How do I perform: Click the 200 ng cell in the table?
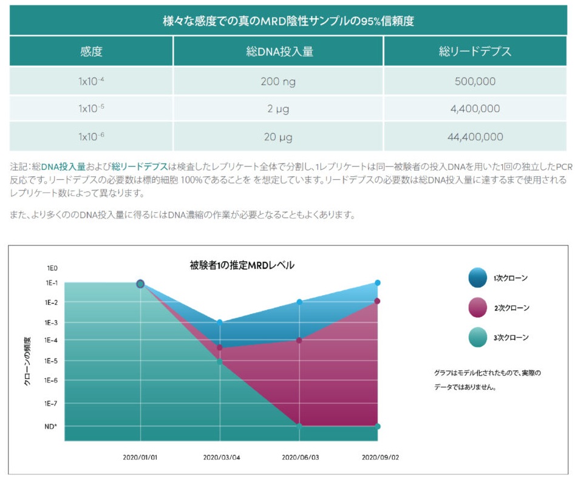click(x=279, y=81)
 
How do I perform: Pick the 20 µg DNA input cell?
click(x=279, y=137)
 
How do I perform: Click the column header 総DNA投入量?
click(x=279, y=52)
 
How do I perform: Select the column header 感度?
click(x=91, y=52)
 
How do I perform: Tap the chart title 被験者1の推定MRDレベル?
click(x=242, y=265)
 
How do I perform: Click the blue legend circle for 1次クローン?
click(x=477, y=278)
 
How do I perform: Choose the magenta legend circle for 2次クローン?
click(x=477, y=307)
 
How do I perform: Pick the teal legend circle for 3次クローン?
click(x=477, y=337)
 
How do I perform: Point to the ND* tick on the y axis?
click(x=50, y=426)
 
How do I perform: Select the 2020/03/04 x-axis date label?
click(x=221, y=457)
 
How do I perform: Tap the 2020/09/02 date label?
click(x=379, y=457)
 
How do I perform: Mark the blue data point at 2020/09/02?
click(x=378, y=283)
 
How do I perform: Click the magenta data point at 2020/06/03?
click(x=299, y=340)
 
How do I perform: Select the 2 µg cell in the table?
click(x=279, y=109)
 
